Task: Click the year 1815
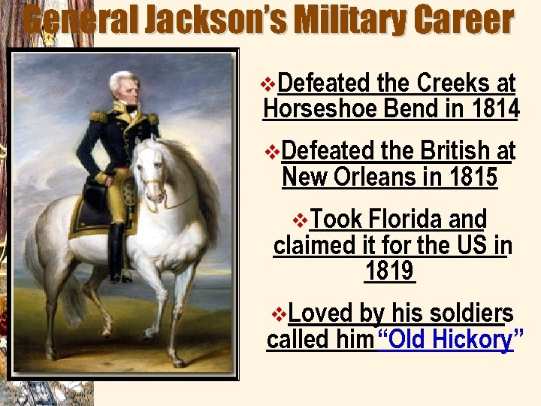(470, 177)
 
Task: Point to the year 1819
(389, 271)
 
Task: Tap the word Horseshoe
(320, 109)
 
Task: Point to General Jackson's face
(126, 89)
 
